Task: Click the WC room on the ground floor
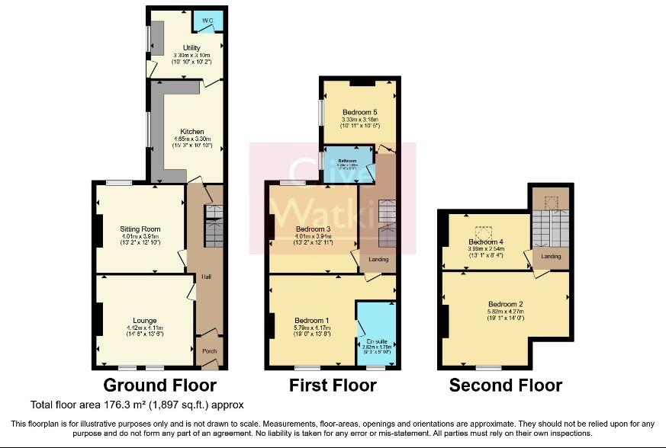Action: pyautogui.click(x=207, y=21)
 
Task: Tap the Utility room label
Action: pyautogui.click(x=186, y=48)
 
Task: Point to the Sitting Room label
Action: pyautogui.click(x=140, y=229)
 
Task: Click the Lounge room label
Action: pyautogui.click(x=144, y=320)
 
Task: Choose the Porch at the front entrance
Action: pyautogui.click(x=208, y=351)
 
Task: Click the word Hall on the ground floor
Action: pyautogui.click(x=206, y=277)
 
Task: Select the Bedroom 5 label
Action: pyautogui.click(x=359, y=112)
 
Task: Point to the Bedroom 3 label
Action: pyautogui.click(x=313, y=229)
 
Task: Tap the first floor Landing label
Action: pyautogui.click(x=378, y=260)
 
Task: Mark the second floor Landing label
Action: pyautogui.click(x=552, y=256)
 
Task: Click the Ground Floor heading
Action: pyautogui.click(x=159, y=386)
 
